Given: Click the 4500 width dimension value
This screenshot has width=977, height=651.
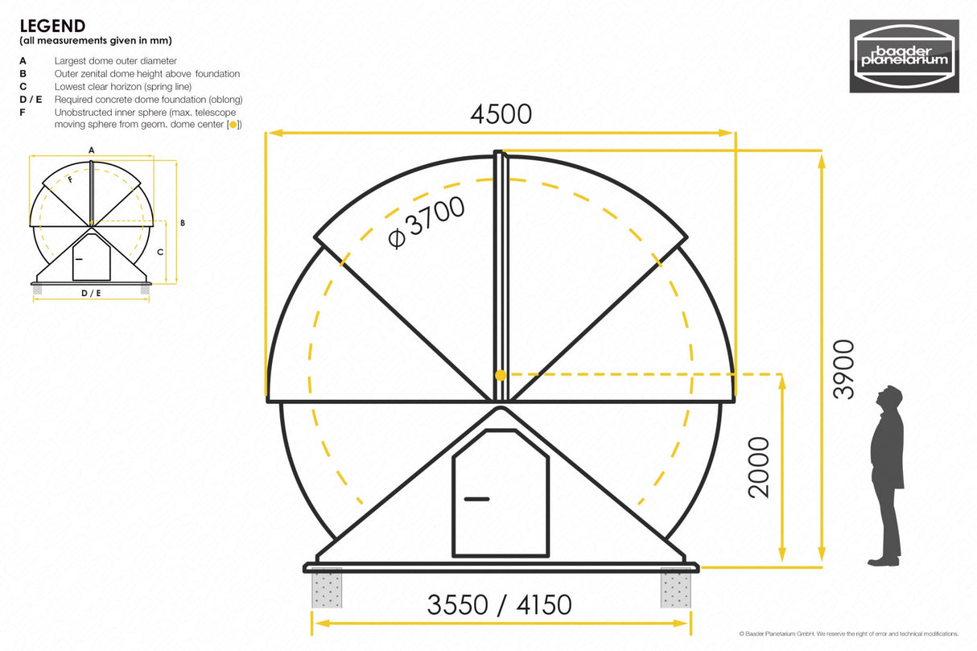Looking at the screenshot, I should (x=501, y=114).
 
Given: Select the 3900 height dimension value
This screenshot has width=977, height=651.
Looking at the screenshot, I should (x=843, y=369).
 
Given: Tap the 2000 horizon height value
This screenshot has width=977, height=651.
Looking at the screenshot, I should (x=758, y=468).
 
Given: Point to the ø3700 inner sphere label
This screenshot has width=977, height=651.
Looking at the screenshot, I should (x=426, y=223).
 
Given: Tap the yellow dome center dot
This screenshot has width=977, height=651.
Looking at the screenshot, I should (x=501, y=375).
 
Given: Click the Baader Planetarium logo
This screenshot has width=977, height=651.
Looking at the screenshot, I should (x=905, y=56).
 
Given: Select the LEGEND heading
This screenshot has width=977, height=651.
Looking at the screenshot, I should (x=52, y=27).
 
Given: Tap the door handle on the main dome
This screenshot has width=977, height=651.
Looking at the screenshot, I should (x=476, y=499).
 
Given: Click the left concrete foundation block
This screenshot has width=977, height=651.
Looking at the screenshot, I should (x=327, y=587).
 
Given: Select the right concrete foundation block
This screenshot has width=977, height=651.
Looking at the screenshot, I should (x=675, y=587).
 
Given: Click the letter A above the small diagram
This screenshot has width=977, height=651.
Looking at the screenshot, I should (x=91, y=150).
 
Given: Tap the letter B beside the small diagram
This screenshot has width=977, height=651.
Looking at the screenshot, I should (x=183, y=222).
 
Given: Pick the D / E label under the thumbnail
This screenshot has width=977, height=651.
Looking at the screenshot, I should (x=91, y=293).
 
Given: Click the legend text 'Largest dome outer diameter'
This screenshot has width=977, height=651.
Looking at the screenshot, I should (x=116, y=60).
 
